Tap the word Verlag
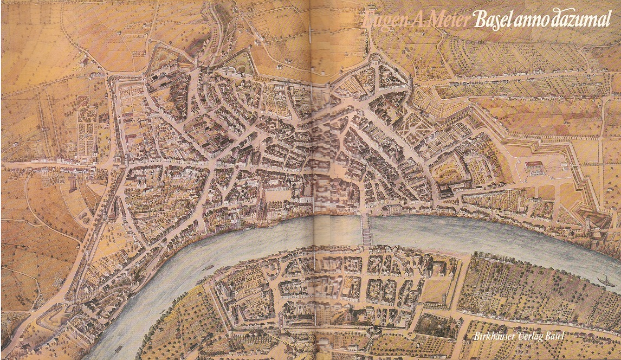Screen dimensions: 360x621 pos(534,337)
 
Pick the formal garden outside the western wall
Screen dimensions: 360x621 pos(87,130)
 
